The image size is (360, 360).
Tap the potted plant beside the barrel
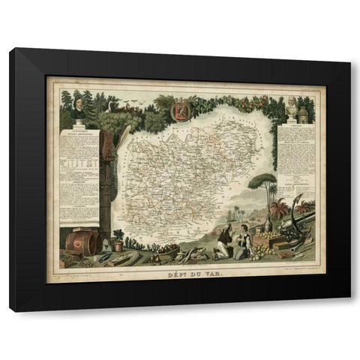[118, 238]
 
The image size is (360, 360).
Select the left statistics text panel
[79, 166]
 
